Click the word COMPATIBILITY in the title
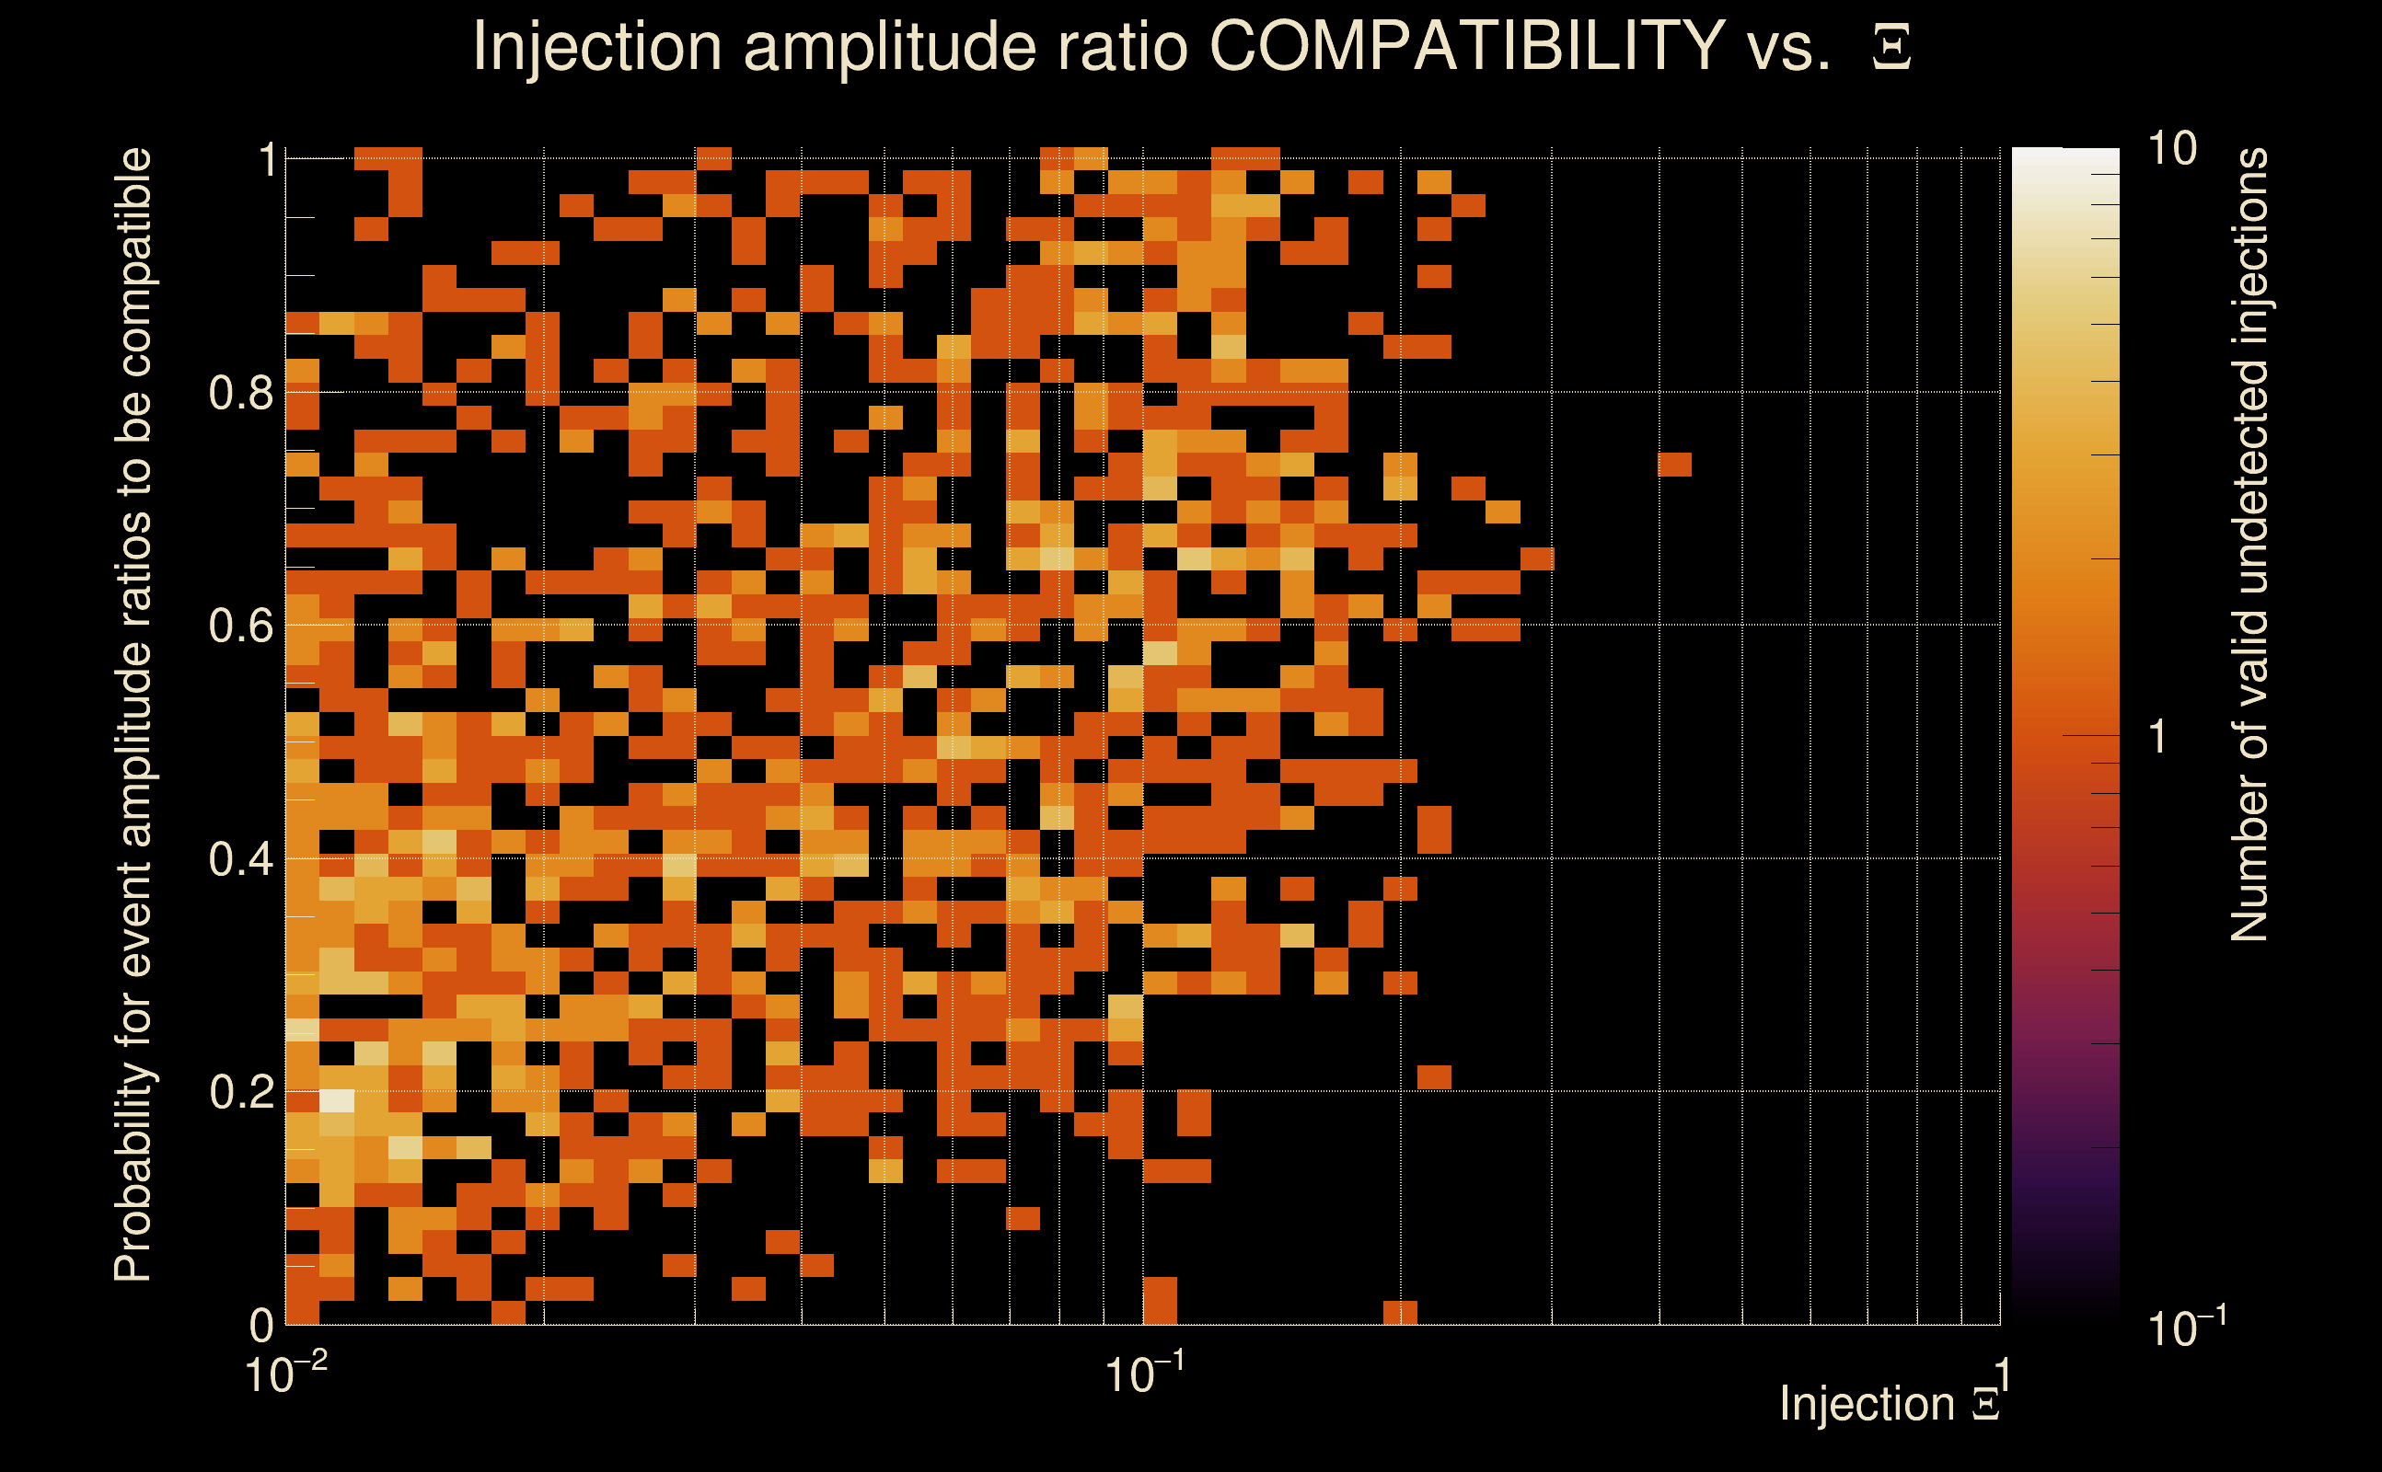[x=1466, y=46]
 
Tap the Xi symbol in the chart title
[x=1891, y=48]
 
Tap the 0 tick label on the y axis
[x=261, y=1325]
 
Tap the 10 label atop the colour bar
[x=2171, y=149]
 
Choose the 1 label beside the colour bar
[x=2158, y=737]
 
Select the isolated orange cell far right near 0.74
[x=1674, y=466]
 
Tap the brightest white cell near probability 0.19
[x=337, y=1101]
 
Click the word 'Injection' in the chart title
[x=596, y=46]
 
